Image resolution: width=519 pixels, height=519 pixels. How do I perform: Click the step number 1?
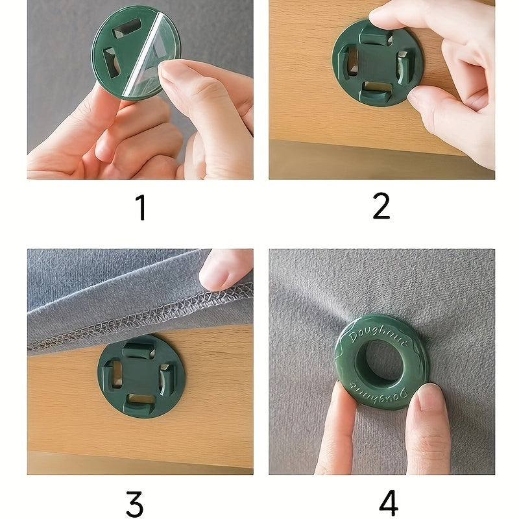tap(141, 208)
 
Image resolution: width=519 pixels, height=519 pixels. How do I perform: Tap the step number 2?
tap(381, 206)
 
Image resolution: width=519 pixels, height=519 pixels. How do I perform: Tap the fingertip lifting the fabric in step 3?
tap(221, 270)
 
